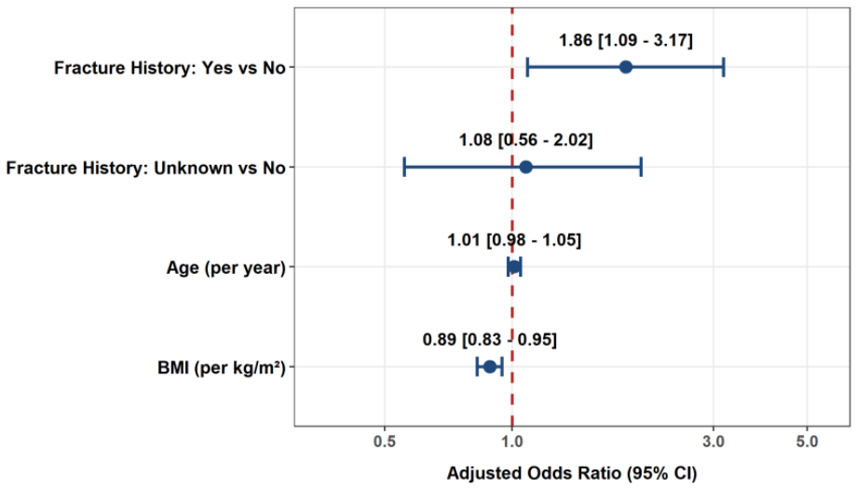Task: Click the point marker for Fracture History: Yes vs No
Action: pos(626,67)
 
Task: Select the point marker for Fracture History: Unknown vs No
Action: pos(525,167)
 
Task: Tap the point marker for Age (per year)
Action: pos(514,267)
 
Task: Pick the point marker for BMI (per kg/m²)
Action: pos(490,367)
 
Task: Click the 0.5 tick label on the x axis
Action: pos(385,441)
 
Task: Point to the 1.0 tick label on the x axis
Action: pos(512,441)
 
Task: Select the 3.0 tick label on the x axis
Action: pos(713,441)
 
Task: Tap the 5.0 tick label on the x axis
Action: pos(807,441)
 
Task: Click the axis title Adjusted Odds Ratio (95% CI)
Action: pos(572,473)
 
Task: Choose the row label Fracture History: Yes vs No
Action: pos(170,68)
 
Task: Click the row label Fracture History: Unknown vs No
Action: pos(145,168)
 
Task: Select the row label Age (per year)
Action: pos(226,268)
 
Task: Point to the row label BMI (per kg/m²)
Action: pos(222,368)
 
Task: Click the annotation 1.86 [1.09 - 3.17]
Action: pos(626,40)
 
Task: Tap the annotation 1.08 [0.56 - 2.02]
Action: pos(525,141)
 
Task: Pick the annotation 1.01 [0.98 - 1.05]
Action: pos(514,240)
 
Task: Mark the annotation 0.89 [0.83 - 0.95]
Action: pos(490,340)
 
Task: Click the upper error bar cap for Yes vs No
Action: pos(724,67)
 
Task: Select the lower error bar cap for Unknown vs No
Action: pos(404,167)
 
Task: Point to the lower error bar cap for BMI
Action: pos(477,367)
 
